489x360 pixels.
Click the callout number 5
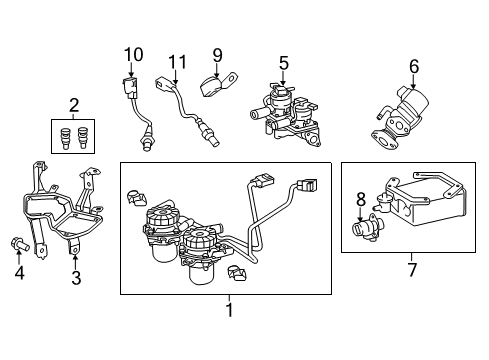coord(284,64)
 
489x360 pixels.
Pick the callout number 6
coord(414,67)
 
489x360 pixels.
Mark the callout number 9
coord(216,55)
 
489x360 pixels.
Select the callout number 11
coord(177,64)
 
